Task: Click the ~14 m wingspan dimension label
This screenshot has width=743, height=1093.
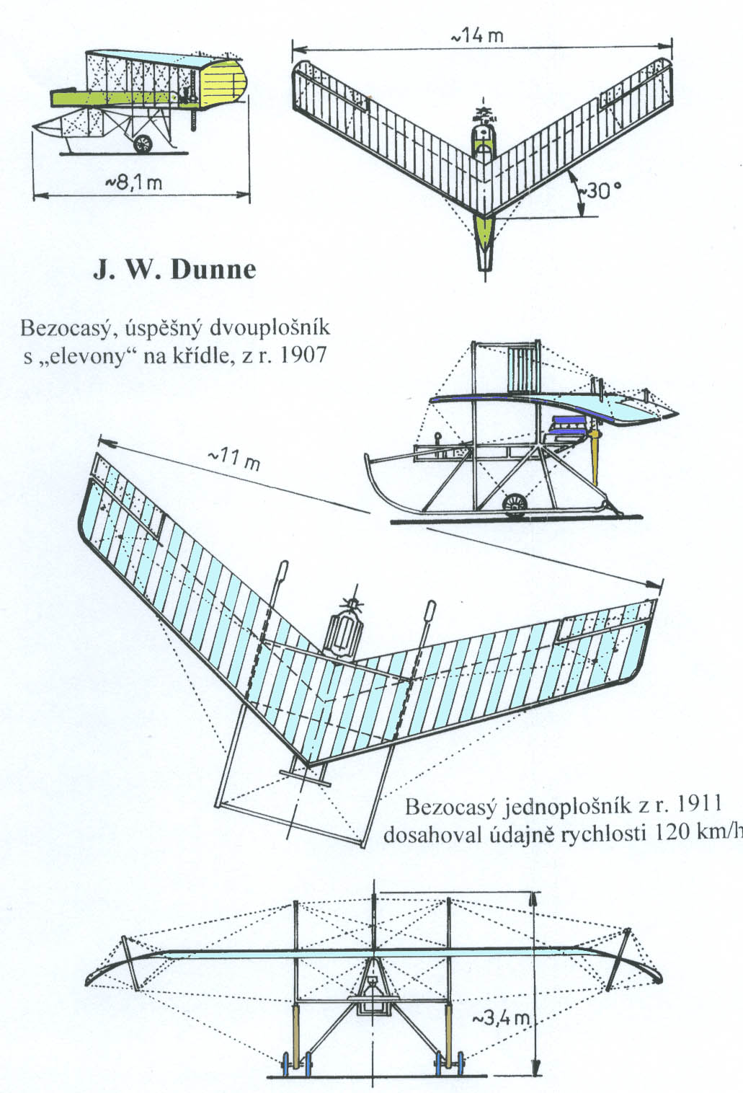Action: [x=477, y=36]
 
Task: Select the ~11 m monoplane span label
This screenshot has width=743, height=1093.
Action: [x=233, y=460]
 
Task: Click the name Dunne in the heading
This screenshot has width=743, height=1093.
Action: [x=213, y=270]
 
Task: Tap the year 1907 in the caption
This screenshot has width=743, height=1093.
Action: [x=303, y=355]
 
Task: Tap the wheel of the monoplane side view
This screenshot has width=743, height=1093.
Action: [x=514, y=505]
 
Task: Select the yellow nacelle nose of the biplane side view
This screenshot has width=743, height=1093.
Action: [x=223, y=82]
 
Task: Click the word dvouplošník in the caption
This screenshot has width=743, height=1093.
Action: [x=270, y=328]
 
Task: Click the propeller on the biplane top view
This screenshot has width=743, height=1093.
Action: [x=483, y=113]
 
